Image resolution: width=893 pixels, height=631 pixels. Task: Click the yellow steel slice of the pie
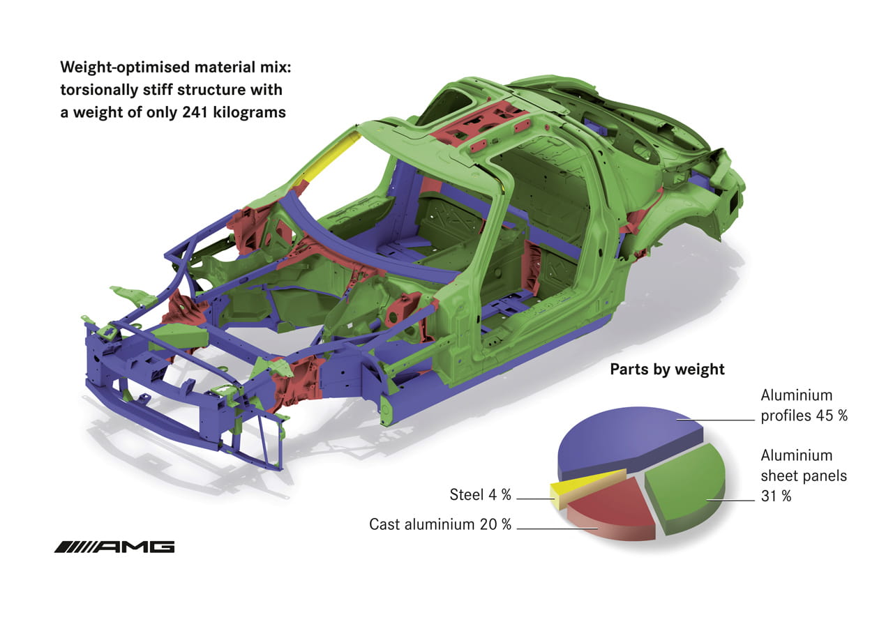point(586,487)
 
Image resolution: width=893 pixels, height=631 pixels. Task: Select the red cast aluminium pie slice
point(612,509)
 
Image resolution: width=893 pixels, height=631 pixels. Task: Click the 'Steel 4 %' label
point(481,495)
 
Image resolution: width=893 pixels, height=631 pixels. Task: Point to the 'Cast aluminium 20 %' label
point(440,524)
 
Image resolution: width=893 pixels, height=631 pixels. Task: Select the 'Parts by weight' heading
point(667,370)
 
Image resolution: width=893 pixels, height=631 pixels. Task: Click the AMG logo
point(114,547)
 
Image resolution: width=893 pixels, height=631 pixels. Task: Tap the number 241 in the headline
point(195,112)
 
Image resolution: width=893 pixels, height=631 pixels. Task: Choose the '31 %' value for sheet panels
point(776,496)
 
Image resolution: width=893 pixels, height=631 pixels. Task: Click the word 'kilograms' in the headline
point(249,112)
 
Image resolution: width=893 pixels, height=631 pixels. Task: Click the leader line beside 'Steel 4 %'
point(535,499)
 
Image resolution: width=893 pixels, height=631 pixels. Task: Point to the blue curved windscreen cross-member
point(367,243)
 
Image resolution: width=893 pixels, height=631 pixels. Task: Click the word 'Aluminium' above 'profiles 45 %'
point(797,395)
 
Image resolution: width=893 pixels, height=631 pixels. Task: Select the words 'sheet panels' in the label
point(804,476)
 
